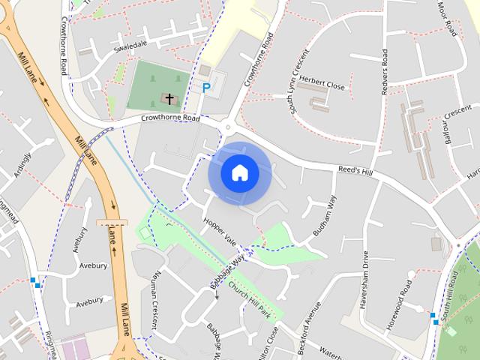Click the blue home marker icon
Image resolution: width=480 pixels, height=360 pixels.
pyautogui.click(x=239, y=172)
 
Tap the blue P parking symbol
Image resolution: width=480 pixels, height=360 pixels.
pyautogui.click(x=206, y=88)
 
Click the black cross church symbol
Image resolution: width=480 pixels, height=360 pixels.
pyautogui.click(x=169, y=98)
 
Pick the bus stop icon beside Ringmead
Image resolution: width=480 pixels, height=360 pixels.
pyautogui.click(x=34, y=282)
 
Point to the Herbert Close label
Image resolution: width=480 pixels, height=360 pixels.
pyautogui.click(x=322, y=86)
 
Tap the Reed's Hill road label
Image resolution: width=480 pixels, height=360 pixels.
pyautogui.click(x=355, y=172)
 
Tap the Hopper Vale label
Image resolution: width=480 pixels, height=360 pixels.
pyautogui.click(x=219, y=231)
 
